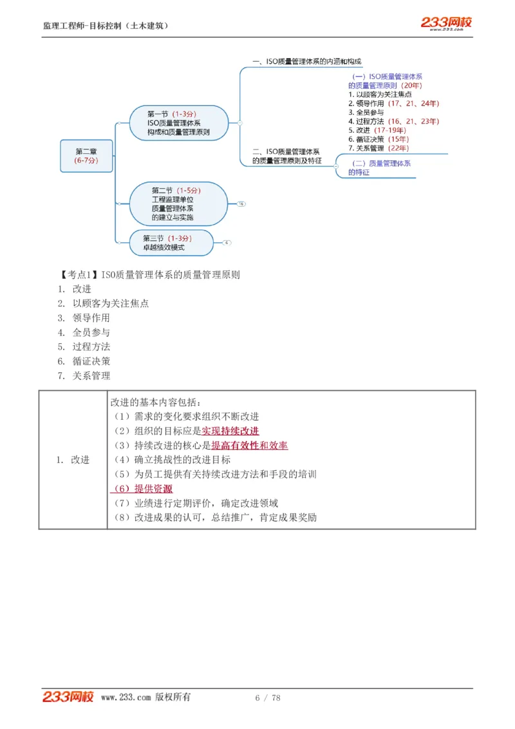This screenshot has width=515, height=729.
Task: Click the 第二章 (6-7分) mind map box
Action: (x=86, y=156)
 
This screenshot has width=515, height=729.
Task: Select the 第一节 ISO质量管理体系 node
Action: (x=178, y=123)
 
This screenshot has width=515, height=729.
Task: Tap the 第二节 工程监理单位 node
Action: (x=178, y=204)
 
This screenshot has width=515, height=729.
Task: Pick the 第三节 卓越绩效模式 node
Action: (x=169, y=242)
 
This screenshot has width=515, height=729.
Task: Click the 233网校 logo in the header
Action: (x=446, y=24)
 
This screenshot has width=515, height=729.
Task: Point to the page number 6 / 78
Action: (x=268, y=697)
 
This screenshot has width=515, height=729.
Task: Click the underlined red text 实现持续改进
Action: (x=230, y=431)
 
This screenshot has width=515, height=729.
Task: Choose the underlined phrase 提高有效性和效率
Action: (x=249, y=446)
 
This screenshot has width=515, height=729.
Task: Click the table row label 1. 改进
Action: (x=73, y=460)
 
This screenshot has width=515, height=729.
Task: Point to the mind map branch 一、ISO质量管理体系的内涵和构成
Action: (x=306, y=62)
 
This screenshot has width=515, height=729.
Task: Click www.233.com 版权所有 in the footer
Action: (x=145, y=697)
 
